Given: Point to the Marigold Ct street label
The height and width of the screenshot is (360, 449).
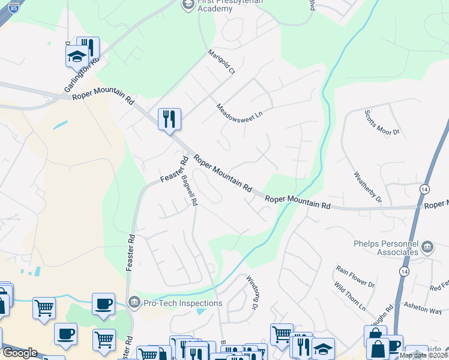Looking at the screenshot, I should click(x=221, y=62).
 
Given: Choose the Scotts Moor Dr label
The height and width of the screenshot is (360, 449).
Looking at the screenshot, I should click(x=382, y=124).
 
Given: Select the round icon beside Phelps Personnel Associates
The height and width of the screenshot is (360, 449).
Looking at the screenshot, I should click(x=427, y=246).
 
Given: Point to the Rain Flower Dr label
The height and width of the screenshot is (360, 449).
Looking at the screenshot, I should click(x=355, y=275).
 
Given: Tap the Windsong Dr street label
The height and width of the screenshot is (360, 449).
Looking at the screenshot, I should click(x=252, y=293).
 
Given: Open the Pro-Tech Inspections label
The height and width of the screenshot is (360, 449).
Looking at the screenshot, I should click(x=182, y=303).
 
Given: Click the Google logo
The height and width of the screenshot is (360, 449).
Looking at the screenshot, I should click(x=19, y=353).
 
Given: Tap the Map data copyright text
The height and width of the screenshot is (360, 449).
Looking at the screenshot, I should click(x=423, y=355).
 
